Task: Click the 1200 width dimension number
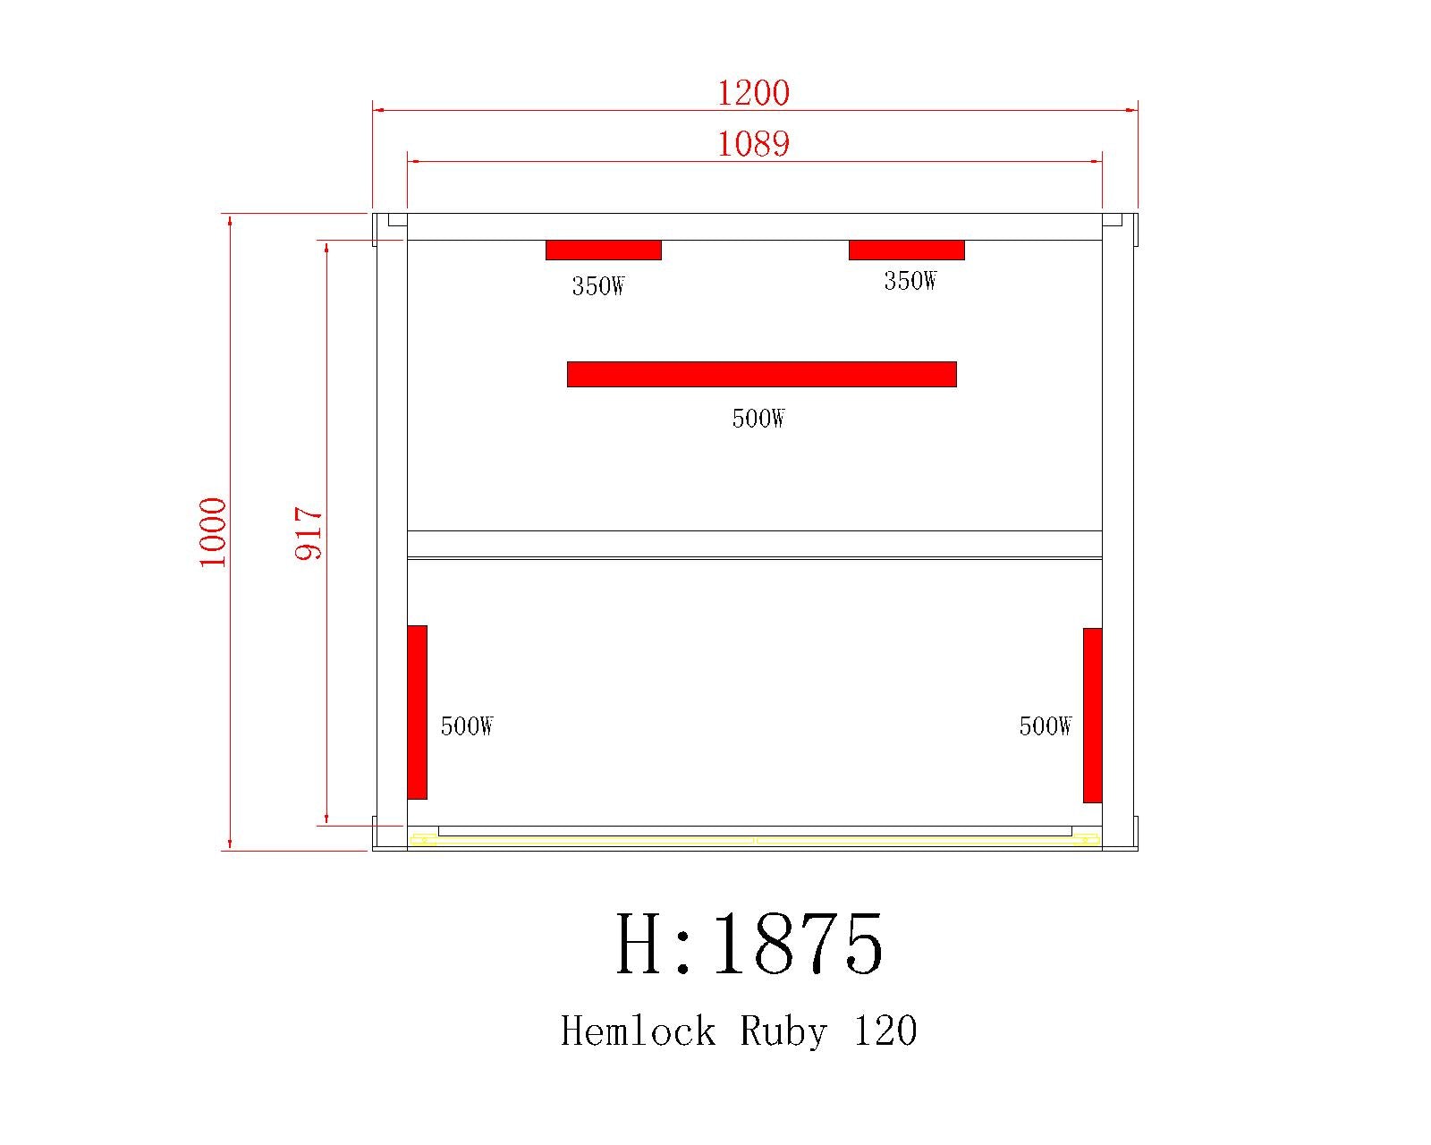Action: tap(754, 92)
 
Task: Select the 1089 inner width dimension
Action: tap(754, 143)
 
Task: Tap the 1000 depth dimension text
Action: tap(214, 532)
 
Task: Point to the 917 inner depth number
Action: tap(309, 533)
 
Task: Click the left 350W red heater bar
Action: tap(604, 250)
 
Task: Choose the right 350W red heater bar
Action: tap(907, 250)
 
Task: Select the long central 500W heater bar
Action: tap(762, 374)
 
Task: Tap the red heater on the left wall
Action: tap(418, 712)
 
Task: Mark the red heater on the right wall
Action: tap(1092, 715)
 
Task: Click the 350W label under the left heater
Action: tap(598, 286)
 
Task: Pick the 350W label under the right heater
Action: tap(910, 281)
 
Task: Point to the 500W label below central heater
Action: tap(758, 419)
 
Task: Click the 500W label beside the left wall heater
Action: tap(467, 726)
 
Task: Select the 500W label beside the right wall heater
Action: tap(1046, 726)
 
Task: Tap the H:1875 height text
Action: tap(750, 946)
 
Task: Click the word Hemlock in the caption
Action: tap(639, 1031)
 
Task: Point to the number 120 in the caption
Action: tap(885, 1031)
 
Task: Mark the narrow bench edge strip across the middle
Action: tap(754, 544)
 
